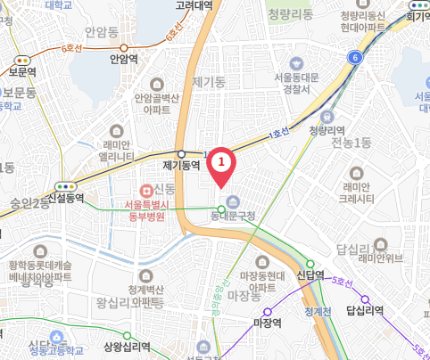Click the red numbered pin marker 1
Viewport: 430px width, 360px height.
coord(221,162)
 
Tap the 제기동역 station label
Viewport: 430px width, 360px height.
coord(181,166)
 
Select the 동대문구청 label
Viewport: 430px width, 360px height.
coord(233,216)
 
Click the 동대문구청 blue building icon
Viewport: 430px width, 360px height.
coord(233,200)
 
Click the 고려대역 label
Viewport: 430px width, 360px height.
coord(194,5)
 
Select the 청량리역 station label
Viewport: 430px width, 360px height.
coord(327,130)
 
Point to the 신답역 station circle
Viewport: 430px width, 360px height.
coord(311,263)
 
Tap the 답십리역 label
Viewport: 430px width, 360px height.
coord(364,310)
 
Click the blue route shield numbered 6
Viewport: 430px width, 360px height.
coord(355,58)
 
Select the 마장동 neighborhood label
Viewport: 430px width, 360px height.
coord(244,294)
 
